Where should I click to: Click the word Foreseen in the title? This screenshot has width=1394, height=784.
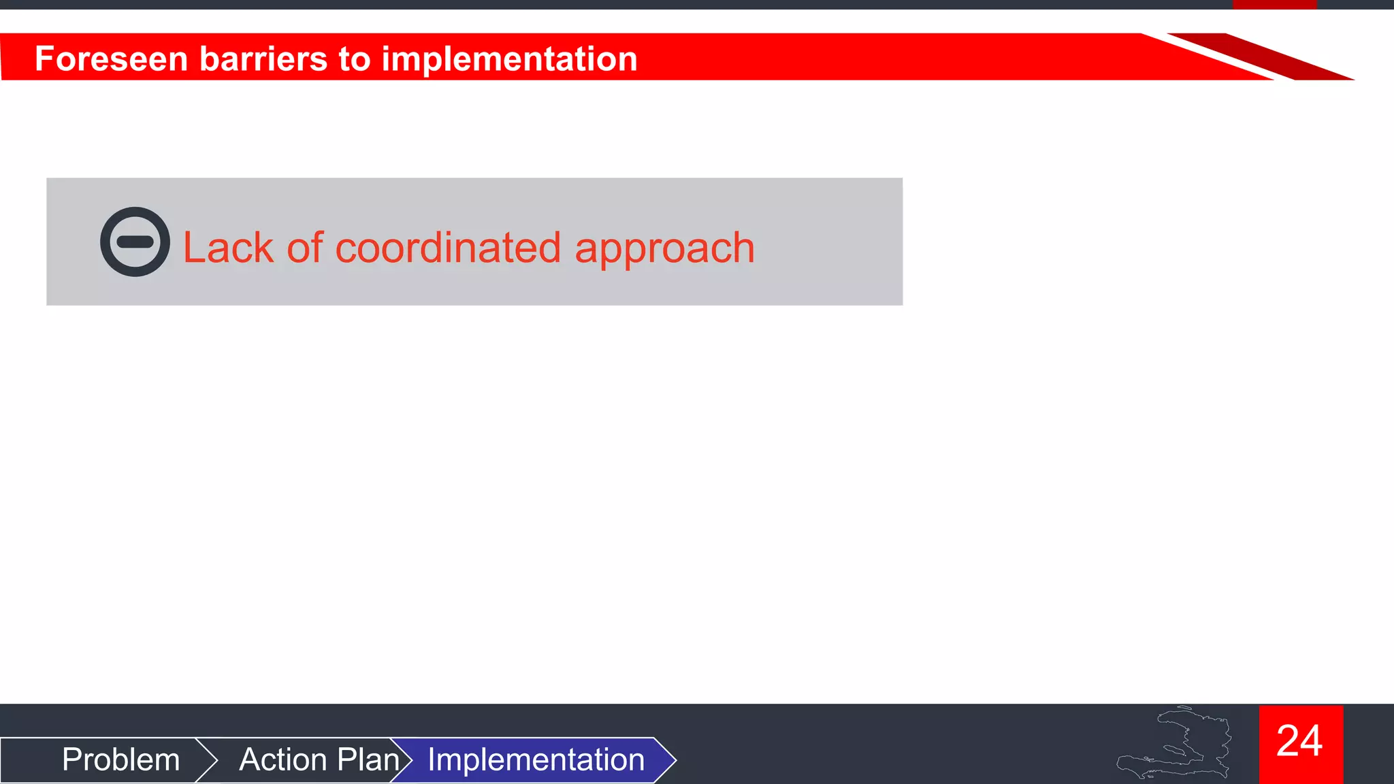coord(111,59)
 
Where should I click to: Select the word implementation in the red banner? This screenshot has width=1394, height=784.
coord(509,59)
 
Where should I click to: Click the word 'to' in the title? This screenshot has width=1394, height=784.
coord(354,59)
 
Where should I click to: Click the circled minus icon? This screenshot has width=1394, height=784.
coord(135,242)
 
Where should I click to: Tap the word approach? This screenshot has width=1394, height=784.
coord(664,248)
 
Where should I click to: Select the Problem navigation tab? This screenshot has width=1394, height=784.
coord(120,759)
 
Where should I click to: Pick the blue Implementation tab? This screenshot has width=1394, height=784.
coord(536,759)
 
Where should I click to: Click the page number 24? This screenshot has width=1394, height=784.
coord(1300,742)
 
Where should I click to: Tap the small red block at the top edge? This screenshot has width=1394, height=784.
coord(1274,4)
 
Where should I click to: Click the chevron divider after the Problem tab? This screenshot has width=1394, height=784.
coord(208,759)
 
